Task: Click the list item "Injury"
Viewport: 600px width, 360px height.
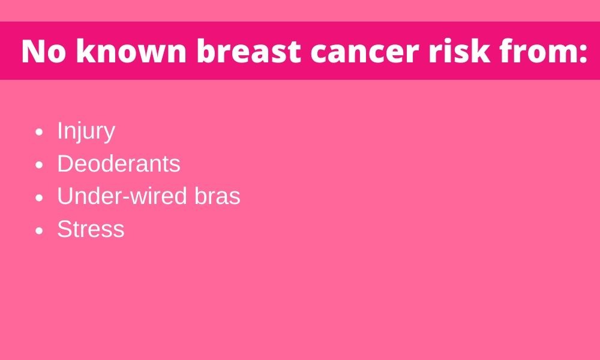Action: click(x=86, y=132)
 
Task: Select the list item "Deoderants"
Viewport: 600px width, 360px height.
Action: click(x=119, y=164)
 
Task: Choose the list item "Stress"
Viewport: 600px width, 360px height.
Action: click(x=91, y=229)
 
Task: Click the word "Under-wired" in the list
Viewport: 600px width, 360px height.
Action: click(x=122, y=196)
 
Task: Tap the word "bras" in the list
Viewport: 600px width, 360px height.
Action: click(x=217, y=196)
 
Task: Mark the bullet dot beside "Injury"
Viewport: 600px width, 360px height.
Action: click(x=39, y=133)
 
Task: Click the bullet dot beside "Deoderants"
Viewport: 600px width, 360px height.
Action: click(x=39, y=165)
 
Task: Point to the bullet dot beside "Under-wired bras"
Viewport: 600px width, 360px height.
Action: click(x=39, y=198)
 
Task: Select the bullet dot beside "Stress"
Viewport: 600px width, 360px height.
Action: click(x=39, y=230)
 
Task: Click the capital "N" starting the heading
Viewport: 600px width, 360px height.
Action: click(x=33, y=51)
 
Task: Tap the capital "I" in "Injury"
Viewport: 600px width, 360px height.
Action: click(x=59, y=130)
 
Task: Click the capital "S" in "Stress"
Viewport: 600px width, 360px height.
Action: click(x=65, y=229)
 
